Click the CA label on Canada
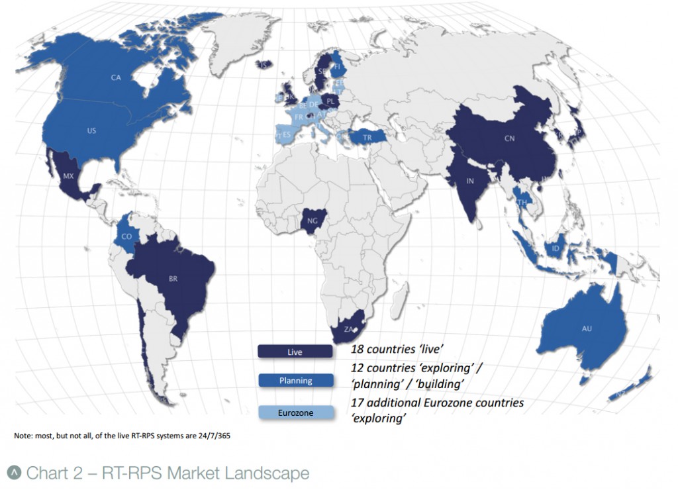coord(116,78)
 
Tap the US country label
coord(91,131)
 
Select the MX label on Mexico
coord(68,177)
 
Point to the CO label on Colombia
coord(126,236)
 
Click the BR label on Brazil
coord(173,279)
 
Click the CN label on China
coord(509,139)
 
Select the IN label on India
coord(469,180)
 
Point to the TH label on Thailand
coord(522,203)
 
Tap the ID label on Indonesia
coord(555,249)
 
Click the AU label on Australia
coord(587,328)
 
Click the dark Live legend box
coord(295,352)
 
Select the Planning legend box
coord(295,381)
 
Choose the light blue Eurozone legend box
coord(295,413)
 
